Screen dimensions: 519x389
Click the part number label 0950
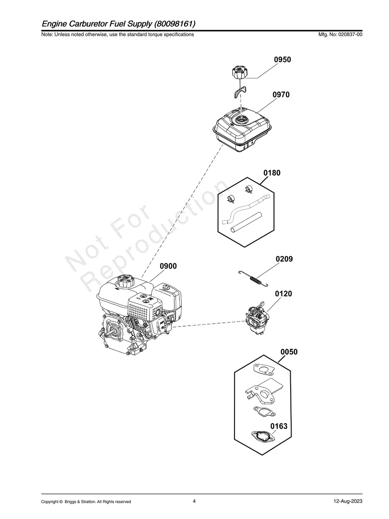pos(283,60)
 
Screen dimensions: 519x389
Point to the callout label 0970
pos(281,95)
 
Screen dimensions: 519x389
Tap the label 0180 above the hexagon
pos(272,173)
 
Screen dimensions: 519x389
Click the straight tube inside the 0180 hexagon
pos(245,221)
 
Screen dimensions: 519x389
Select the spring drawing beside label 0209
pos(253,279)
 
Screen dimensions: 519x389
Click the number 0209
pos(284,259)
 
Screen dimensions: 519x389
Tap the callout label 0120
pos(283,294)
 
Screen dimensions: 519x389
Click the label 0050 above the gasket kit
pos(289,352)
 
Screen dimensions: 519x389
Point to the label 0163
pos(279,427)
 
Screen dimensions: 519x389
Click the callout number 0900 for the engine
pos(168,266)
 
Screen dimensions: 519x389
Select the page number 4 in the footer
pos(194,501)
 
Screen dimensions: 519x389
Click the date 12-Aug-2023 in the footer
pos(348,501)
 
